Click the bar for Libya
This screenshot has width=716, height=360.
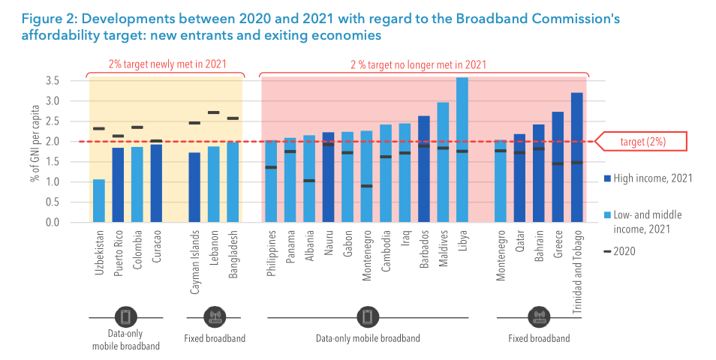click(462, 150)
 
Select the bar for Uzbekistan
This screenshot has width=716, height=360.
click(99, 201)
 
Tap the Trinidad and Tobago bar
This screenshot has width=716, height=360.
click(576, 157)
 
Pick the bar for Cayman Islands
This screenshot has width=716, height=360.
click(194, 187)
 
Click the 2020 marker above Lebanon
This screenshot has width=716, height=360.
click(213, 112)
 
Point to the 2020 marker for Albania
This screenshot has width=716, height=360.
click(309, 181)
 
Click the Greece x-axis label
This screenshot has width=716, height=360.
click(558, 241)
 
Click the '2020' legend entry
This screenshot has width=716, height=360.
click(624, 251)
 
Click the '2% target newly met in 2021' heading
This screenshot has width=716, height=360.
click(167, 64)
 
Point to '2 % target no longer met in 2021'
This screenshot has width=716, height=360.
click(423, 64)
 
